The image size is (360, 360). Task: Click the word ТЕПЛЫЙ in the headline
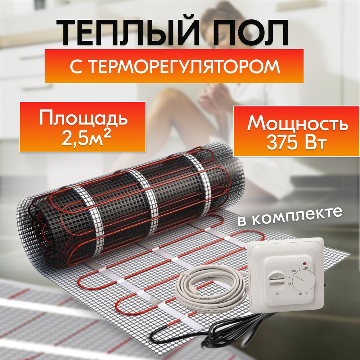coord(128,33)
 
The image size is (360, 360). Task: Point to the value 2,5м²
coord(86,139)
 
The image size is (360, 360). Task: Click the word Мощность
coord(298,124)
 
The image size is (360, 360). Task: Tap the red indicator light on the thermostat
coord(305,264)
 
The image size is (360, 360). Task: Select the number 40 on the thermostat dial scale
coord(305,268)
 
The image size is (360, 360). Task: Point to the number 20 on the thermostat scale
coord(290,284)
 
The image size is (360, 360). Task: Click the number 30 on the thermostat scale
coord(294,271)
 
